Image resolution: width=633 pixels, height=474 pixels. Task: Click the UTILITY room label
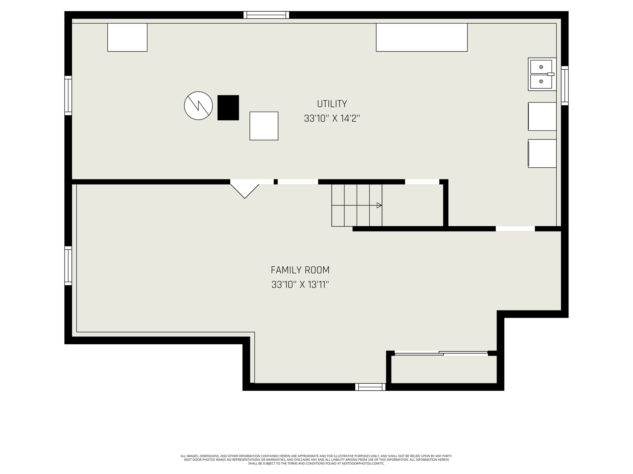[x=332, y=104]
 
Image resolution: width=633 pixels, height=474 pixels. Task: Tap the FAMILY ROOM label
[x=300, y=270]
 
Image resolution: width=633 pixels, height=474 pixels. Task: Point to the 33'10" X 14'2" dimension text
[x=332, y=118]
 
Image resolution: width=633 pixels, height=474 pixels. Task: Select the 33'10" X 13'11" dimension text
[x=300, y=285]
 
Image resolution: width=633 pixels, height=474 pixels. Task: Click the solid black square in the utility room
[x=228, y=108]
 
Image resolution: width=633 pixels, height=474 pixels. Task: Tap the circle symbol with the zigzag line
[x=198, y=106]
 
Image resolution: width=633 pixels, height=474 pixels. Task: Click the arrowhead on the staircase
[x=379, y=205]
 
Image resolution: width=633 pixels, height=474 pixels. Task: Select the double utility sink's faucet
[x=550, y=74]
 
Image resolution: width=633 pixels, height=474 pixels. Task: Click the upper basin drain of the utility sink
[x=541, y=67]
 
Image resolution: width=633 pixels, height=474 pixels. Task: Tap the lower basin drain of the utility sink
[x=541, y=81]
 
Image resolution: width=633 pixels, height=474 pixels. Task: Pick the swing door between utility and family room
[x=245, y=189]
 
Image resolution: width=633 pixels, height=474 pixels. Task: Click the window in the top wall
[x=266, y=15]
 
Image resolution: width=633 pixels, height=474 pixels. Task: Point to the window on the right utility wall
[x=565, y=86]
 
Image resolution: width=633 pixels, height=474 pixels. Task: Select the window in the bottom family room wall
[x=370, y=387]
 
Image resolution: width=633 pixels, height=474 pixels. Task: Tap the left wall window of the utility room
[x=68, y=96]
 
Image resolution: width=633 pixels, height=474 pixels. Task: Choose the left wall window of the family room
[x=68, y=266]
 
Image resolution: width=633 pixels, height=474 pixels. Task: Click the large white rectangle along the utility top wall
[x=422, y=38]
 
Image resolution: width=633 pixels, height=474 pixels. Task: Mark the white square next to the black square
[x=264, y=126]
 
